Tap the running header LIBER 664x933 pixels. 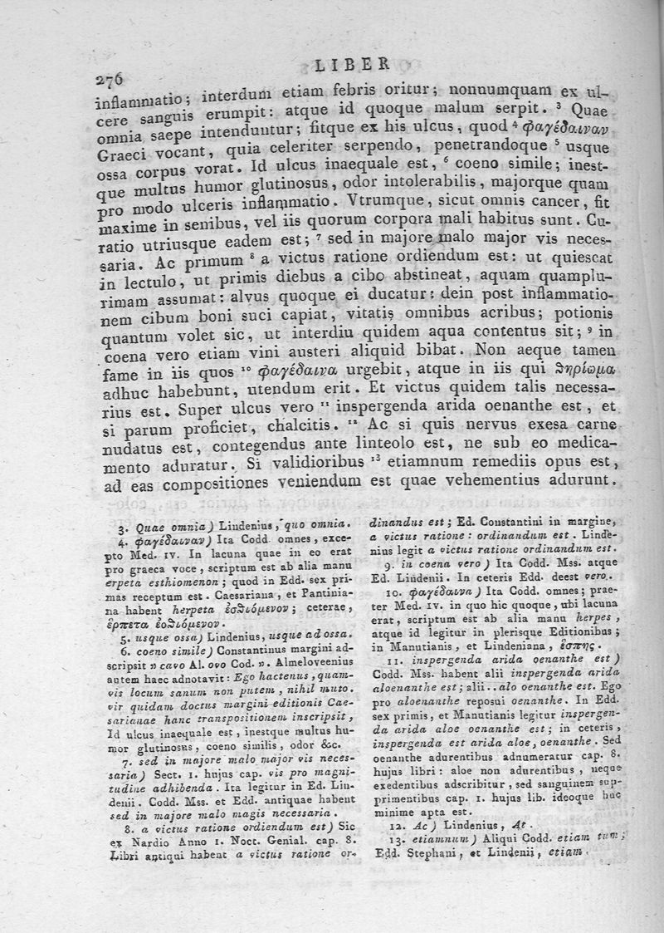click(354, 62)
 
